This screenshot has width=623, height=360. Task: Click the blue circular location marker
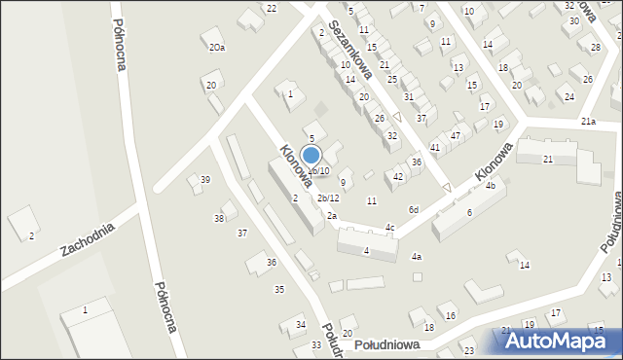click(311, 155)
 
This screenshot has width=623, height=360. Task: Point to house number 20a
click(216, 47)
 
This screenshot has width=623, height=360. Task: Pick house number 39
click(204, 179)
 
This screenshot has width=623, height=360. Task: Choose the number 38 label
click(220, 218)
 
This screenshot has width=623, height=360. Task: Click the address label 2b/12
click(328, 198)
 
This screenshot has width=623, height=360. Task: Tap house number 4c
click(389, 228)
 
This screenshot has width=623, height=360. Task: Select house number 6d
click(414, 209)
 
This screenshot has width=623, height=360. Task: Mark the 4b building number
click(491, 185)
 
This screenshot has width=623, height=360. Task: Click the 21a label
click(588, 121)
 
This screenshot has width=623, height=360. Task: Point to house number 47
click(455, 135)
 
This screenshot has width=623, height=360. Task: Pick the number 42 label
click(398, 176)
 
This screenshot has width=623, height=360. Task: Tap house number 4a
click(417, 256)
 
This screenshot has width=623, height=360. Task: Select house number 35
click(279, 289)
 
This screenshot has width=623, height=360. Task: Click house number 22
click(272, 8)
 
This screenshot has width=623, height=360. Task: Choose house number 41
click(435, 147)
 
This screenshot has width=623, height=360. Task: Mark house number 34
click(301, 324)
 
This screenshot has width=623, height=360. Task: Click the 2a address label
click(332, 215)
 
